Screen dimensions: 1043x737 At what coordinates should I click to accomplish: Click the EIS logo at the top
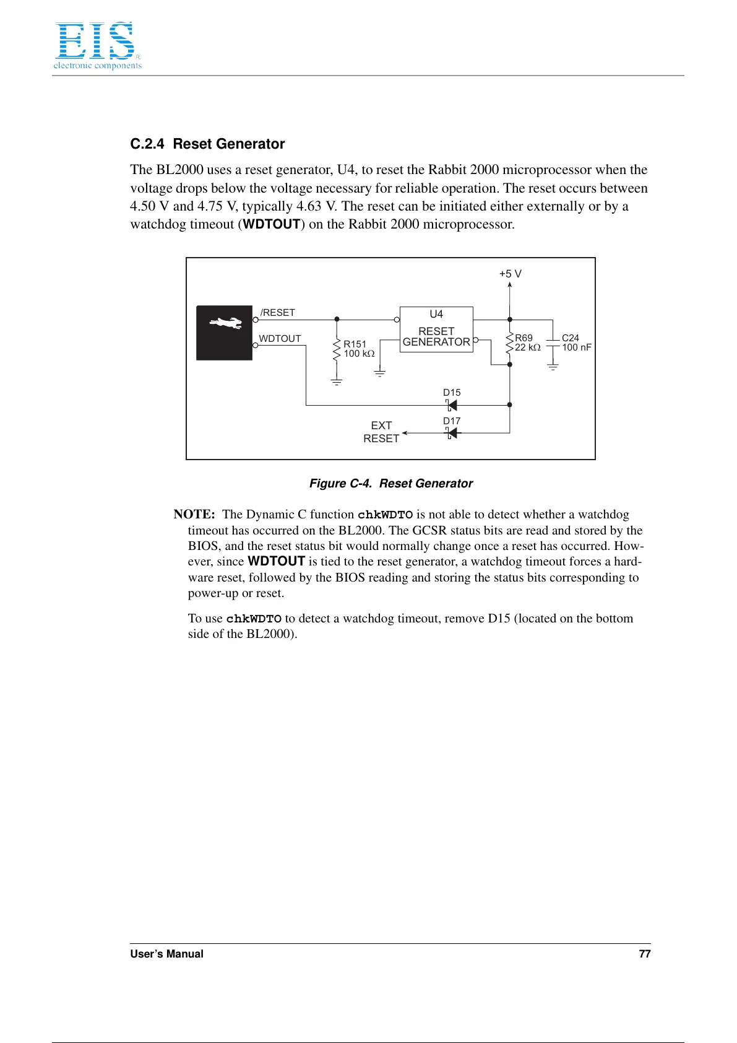coord(97,45)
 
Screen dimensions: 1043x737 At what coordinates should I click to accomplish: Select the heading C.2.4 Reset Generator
coord(207,144)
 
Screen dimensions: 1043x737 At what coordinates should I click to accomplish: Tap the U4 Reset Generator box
coord(436,329)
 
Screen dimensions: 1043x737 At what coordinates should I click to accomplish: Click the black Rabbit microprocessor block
coord(224,333)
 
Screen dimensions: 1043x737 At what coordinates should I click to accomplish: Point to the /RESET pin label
coord(278,313)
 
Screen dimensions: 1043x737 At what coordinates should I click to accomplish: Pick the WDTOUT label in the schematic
coord(280,338)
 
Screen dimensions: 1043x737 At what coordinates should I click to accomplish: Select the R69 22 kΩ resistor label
coord(527,343)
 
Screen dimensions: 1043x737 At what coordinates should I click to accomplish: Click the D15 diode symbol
coord(452,405)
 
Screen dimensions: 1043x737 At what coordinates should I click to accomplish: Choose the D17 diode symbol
coord(452,433)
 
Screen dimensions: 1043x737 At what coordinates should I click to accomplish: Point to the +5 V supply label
coord(510,274)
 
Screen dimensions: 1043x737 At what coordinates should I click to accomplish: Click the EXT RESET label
coord(381,432)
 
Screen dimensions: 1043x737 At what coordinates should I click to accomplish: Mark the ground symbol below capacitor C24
coord(553,367)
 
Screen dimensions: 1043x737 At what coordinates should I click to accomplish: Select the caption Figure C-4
coord(390,483)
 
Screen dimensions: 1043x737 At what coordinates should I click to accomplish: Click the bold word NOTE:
coord(194,514)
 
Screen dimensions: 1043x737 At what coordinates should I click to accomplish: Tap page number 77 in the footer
coord(644,954)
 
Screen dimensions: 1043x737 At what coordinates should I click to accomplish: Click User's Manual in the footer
coord(166,954)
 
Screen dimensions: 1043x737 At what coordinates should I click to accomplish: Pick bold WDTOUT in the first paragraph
coord(272,224)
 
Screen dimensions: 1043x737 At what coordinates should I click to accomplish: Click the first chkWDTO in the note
coord(385,515)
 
